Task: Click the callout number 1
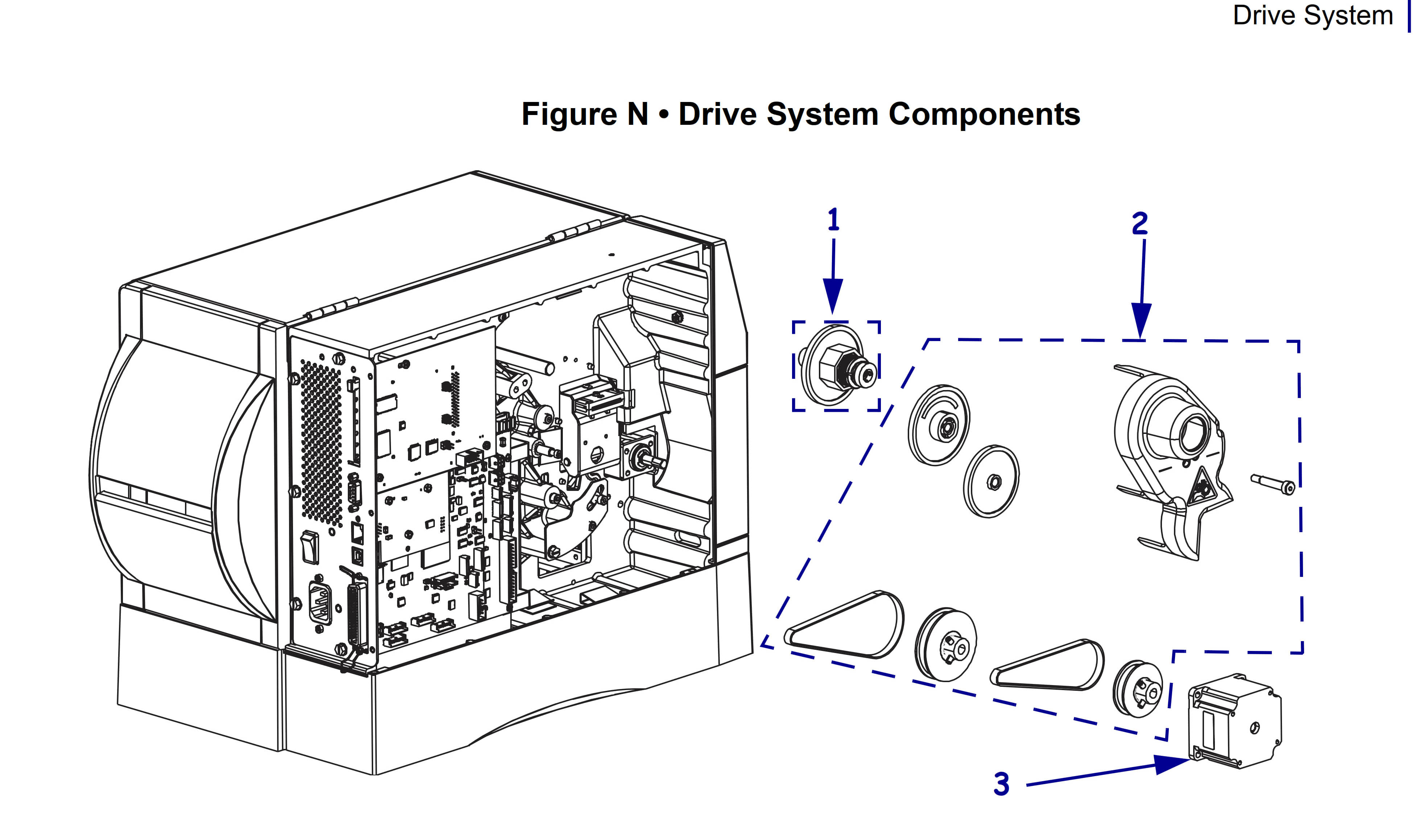point(833,220)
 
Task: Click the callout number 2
point(1139,224)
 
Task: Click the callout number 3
point(1002,784)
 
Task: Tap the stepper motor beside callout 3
point(1234,721)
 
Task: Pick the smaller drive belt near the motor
point(1047,665)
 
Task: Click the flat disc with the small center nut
point(992,481)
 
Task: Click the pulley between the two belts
point(946,644)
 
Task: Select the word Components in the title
point(984,115)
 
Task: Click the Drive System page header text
point(1313,15)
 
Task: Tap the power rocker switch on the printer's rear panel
point(310,548)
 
